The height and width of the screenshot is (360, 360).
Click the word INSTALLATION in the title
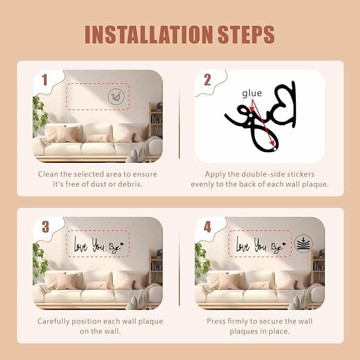148,34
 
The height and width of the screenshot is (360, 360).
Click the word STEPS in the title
246,34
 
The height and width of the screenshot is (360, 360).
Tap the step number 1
45,80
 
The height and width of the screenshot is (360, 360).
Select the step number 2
207,80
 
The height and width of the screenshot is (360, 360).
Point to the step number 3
46,227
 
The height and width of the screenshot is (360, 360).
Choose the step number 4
207,227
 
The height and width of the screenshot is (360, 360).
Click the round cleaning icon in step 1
116,97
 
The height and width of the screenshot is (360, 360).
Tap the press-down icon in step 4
303,244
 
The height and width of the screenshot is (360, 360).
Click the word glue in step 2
252,93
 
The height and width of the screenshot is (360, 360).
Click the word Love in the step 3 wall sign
81,245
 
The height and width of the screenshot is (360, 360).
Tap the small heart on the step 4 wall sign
284,244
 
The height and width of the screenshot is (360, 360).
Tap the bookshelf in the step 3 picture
155,266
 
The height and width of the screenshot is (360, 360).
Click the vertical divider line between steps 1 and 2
179,119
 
